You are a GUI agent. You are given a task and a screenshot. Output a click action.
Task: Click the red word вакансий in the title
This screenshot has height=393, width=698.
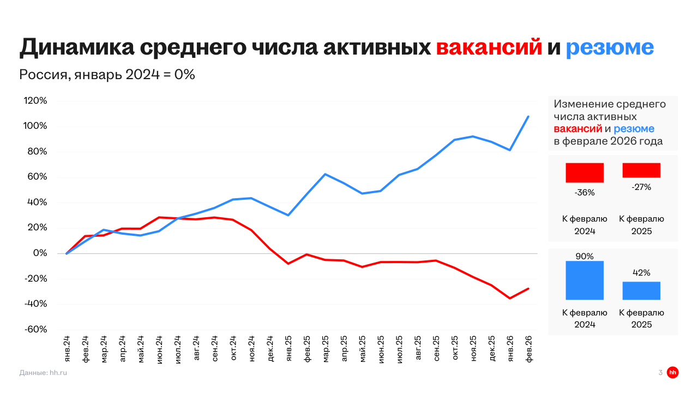click(x=489, y=48)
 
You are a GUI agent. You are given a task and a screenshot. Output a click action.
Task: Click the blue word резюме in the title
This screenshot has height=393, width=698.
click(x=609, y=48)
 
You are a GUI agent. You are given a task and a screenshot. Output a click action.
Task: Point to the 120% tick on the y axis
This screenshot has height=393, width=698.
click(x=35, y=101)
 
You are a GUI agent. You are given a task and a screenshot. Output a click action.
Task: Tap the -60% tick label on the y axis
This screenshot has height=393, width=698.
click(x=35, y=330)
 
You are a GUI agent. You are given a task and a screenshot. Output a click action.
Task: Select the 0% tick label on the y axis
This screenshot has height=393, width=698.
click(x=41, y=253)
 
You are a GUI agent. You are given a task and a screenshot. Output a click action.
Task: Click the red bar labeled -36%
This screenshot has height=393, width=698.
click(x=585, y=172)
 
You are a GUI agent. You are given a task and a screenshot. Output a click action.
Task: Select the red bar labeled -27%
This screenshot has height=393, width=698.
click(x=641, y=170)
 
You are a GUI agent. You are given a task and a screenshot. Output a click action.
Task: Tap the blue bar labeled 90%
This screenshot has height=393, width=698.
click(x=585, y=280)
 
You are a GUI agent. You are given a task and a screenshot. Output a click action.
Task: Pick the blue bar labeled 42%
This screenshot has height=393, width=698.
click(x=641, y=290)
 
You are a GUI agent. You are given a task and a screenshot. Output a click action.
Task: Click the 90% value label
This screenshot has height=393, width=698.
click(x=585, y=256)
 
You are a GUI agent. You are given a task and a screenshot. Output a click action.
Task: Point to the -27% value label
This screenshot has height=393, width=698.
click(x=641, y=187)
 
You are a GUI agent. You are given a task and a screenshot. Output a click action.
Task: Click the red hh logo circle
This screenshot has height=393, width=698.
click(x=673, y=372)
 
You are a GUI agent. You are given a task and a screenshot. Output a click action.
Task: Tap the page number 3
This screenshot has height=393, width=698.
click(x=660, y=373)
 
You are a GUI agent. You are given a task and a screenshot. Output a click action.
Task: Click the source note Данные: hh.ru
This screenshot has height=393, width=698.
click(x=43, y=373)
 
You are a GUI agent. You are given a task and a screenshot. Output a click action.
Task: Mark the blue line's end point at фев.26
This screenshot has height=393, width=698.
click(x=528, y=116)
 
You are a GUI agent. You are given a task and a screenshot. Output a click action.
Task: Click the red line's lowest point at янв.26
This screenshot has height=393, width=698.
click(x=510, y=298)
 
